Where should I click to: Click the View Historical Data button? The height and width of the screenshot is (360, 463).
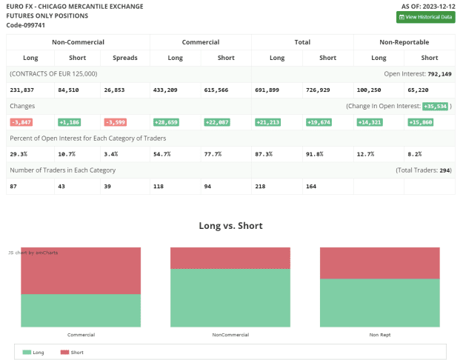[x=425, y=17]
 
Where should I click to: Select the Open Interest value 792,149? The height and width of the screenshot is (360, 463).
[x=439, y=74]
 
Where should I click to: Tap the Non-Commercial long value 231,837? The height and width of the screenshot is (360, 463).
[x=21, y=90]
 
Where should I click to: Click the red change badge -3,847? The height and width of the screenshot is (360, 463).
[x=21, y=122]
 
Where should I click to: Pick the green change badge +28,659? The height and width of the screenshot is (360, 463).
[x=166, y=122]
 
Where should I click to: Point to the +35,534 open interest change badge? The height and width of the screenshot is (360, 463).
[x=436, y=107]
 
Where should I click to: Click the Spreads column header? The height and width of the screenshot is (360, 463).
[x=125, y=58]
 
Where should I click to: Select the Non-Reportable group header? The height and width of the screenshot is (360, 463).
[x=404, y=42]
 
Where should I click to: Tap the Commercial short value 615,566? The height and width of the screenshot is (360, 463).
[x=216, y=90]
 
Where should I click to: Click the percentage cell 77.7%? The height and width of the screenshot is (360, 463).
[x=213, y=154]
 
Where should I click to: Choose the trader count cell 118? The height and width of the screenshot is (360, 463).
[x=159, y=187]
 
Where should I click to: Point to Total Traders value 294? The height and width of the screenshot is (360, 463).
[x=444, y=170]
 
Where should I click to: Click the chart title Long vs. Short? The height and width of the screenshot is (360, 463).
[x=230, y=226]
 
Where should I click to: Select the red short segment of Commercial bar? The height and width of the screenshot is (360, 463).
[x=81, y=271]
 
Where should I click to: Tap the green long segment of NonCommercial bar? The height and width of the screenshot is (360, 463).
[x=230, y=298]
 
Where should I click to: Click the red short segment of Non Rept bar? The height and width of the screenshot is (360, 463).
[x=380, y=263]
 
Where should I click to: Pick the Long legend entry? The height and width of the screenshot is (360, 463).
[x=33, y=353]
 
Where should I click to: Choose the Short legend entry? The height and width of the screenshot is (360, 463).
[x=72, y=353]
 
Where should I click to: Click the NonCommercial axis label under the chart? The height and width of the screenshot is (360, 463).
[x=230, y=335]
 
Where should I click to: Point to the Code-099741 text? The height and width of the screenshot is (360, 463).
[x=26, y=25]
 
